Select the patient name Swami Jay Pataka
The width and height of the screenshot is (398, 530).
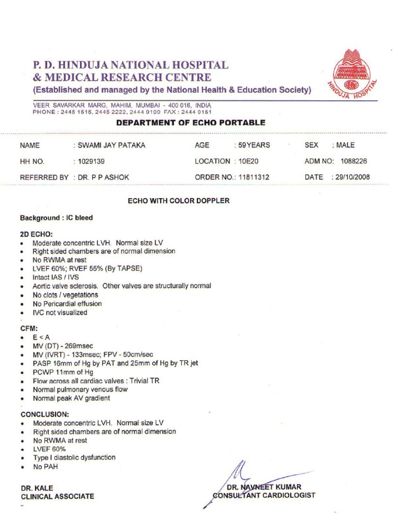click(x=111, y=145)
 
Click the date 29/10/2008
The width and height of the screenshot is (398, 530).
click(x=353, y=177)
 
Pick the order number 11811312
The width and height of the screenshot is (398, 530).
click(x=253, y=177)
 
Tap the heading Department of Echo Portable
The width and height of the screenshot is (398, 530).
click(x=191, y=123)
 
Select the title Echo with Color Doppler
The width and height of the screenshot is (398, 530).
click(x=179, y=200)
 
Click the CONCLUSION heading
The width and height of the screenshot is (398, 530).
click(x=45, y=414)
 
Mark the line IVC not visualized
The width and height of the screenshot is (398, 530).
click(x=60, y=313)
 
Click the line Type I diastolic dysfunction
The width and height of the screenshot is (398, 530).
click(x=74, y=458)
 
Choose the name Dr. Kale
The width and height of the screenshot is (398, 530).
click(x=37, y=488)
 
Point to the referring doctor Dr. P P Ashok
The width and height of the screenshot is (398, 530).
click(x=104, y=177)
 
